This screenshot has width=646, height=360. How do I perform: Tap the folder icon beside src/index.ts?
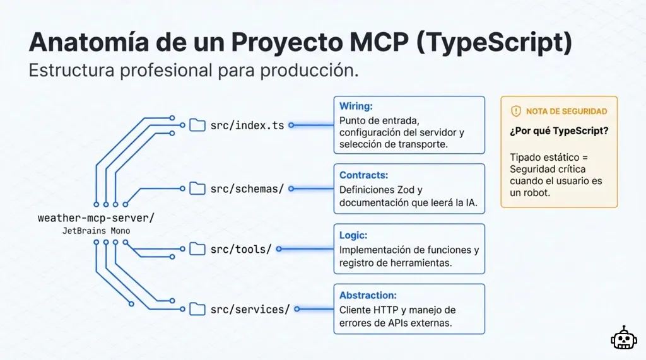point(198,125)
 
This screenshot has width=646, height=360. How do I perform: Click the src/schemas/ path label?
point(247,189)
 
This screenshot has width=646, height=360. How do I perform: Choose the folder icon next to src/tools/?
point(198,249)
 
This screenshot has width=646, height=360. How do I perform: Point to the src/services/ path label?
point(250,309)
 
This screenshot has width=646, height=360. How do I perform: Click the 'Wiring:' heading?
point(356,106)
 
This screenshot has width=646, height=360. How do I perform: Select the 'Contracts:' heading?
point(363,175)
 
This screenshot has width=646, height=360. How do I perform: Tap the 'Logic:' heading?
point(353,235)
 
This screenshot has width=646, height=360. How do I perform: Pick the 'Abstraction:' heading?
point(368,295)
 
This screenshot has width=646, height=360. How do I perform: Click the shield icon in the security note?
point(515,112)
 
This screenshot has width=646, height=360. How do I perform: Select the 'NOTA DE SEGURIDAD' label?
point(567,112)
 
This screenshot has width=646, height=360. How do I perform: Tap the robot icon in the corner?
point(623,339)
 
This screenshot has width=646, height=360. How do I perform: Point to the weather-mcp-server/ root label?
point(96,218)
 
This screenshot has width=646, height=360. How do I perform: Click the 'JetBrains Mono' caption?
point(96,231)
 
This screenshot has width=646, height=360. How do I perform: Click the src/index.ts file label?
point(247,125)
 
